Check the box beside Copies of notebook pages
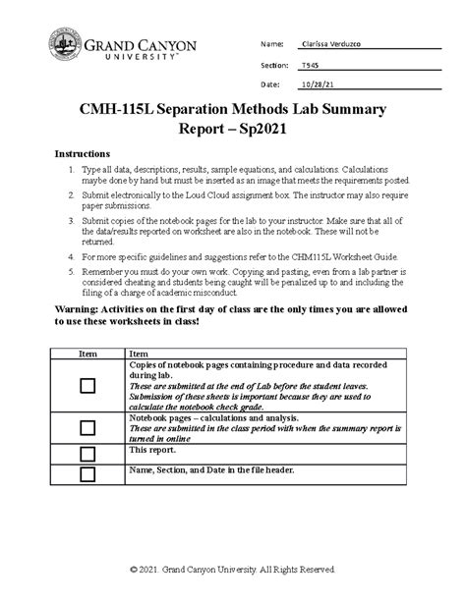point(87,388)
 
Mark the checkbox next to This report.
point(87,452)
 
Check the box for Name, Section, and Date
point(87,473)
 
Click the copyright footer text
point(233,571)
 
